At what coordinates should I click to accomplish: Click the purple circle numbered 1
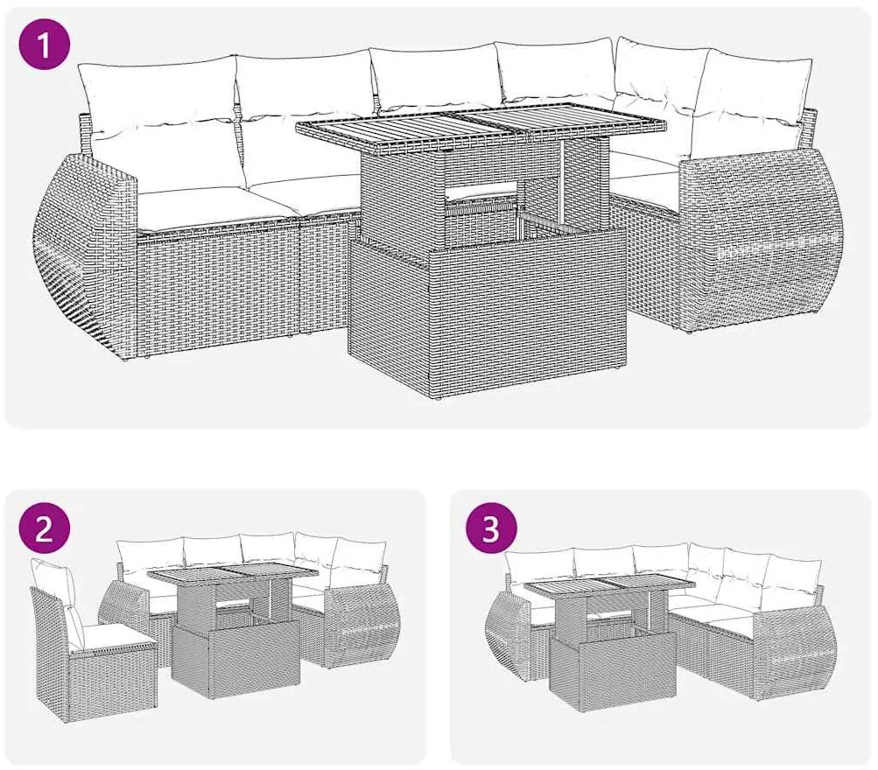45,45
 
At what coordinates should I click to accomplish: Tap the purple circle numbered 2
45,529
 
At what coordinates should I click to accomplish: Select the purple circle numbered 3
490,529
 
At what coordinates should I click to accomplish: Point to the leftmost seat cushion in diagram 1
215,207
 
